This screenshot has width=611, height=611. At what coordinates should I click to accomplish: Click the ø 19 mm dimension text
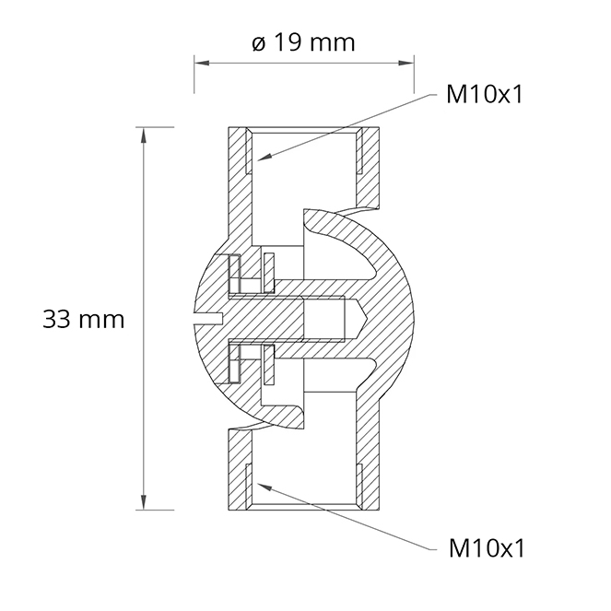click(x=303, y=42)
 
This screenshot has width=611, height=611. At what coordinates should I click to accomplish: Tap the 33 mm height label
click(x=83, y=320)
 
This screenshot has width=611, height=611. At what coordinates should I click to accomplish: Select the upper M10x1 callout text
click(x=485, y=94)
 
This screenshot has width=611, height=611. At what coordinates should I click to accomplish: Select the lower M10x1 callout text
click(x=487, y=548)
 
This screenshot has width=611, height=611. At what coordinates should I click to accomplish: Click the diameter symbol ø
click(x=259, y=43)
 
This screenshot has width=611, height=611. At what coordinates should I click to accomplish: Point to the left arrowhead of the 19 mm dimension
click(x=202, y=63)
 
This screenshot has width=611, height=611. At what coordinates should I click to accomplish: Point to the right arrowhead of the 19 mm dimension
click(x=406, y=63)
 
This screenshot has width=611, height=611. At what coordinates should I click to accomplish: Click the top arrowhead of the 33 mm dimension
click(x=144, y=135)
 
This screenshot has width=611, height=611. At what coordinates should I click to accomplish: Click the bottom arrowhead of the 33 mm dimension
click(x=144, y=502)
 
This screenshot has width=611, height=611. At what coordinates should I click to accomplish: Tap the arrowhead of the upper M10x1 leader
click(x=264, y=157)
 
